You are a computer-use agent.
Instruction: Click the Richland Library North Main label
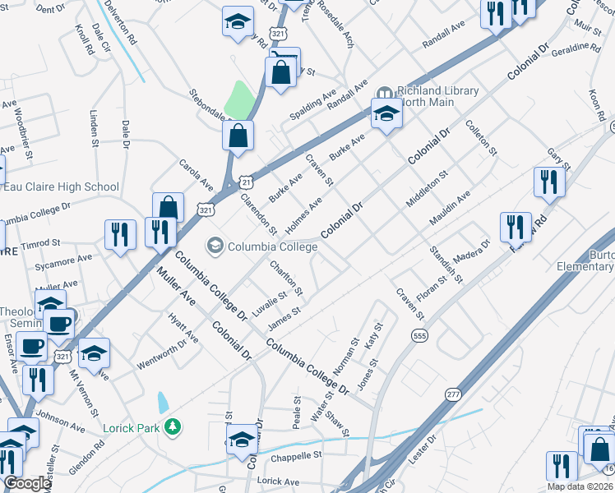[x=426, y=96]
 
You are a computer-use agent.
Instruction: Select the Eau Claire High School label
[x=62, y=187]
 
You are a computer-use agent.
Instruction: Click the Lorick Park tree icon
[x=173, y=426]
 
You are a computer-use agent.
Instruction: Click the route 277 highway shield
[x=454, y=395]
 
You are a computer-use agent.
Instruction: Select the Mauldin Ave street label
[x=450, y=209]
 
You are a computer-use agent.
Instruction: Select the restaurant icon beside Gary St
[x=548, y=182]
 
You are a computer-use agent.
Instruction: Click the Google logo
[x=27, y=483]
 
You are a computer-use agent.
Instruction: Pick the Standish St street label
[x=446, y=264]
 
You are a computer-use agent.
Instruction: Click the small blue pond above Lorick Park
[x=163, y=402]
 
